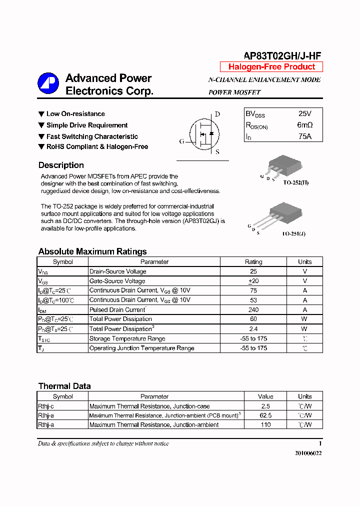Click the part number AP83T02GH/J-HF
pos(282,56)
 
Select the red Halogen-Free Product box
pos(271,67)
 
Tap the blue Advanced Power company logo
pos(48,83)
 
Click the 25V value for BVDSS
pos(304,114)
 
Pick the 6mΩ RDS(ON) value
pos(304,125)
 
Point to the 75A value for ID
pos(304,136)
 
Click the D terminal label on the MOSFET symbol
pos(217,114)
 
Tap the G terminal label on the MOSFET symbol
pos(182,141)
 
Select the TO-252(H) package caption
pos(296,182)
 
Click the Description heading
pos(61,165)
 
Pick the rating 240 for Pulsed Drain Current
pos(253,309)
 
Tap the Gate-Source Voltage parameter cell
pos(117,281)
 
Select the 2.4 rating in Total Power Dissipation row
pos(253,329)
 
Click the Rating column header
pos(253,262)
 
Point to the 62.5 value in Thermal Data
pos(265,415)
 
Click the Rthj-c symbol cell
pos(46,406)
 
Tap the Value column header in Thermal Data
pos(265,396)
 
